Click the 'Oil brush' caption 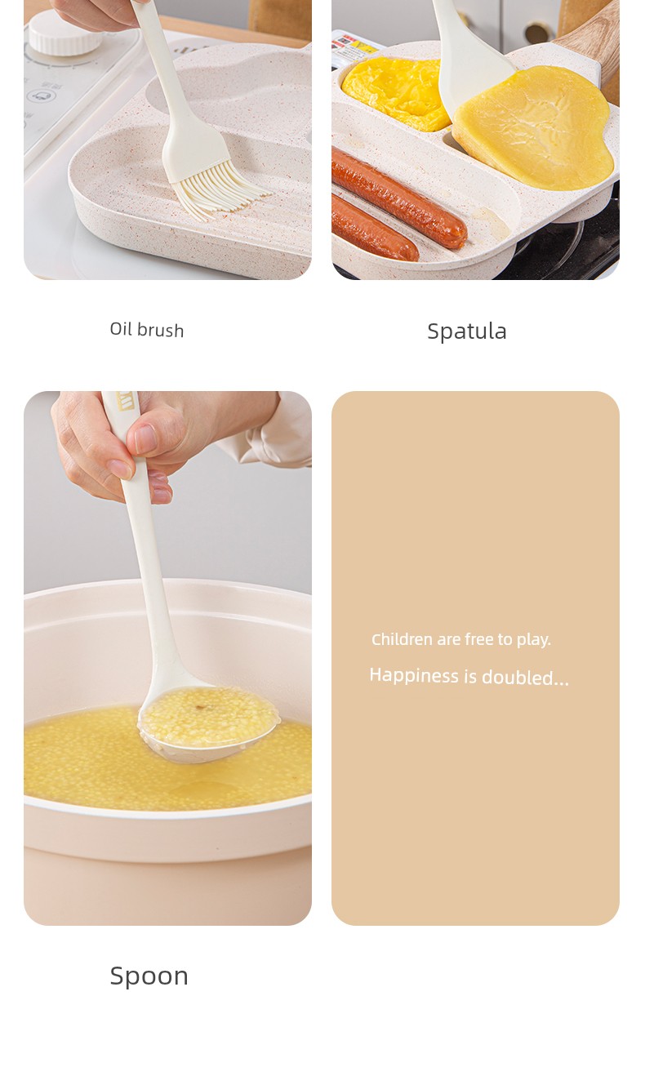146,330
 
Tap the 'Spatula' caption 467,331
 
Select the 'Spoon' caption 149,976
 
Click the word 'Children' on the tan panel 402,639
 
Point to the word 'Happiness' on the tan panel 414,675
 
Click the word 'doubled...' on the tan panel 525,678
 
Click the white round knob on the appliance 64,33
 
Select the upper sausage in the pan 398,197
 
